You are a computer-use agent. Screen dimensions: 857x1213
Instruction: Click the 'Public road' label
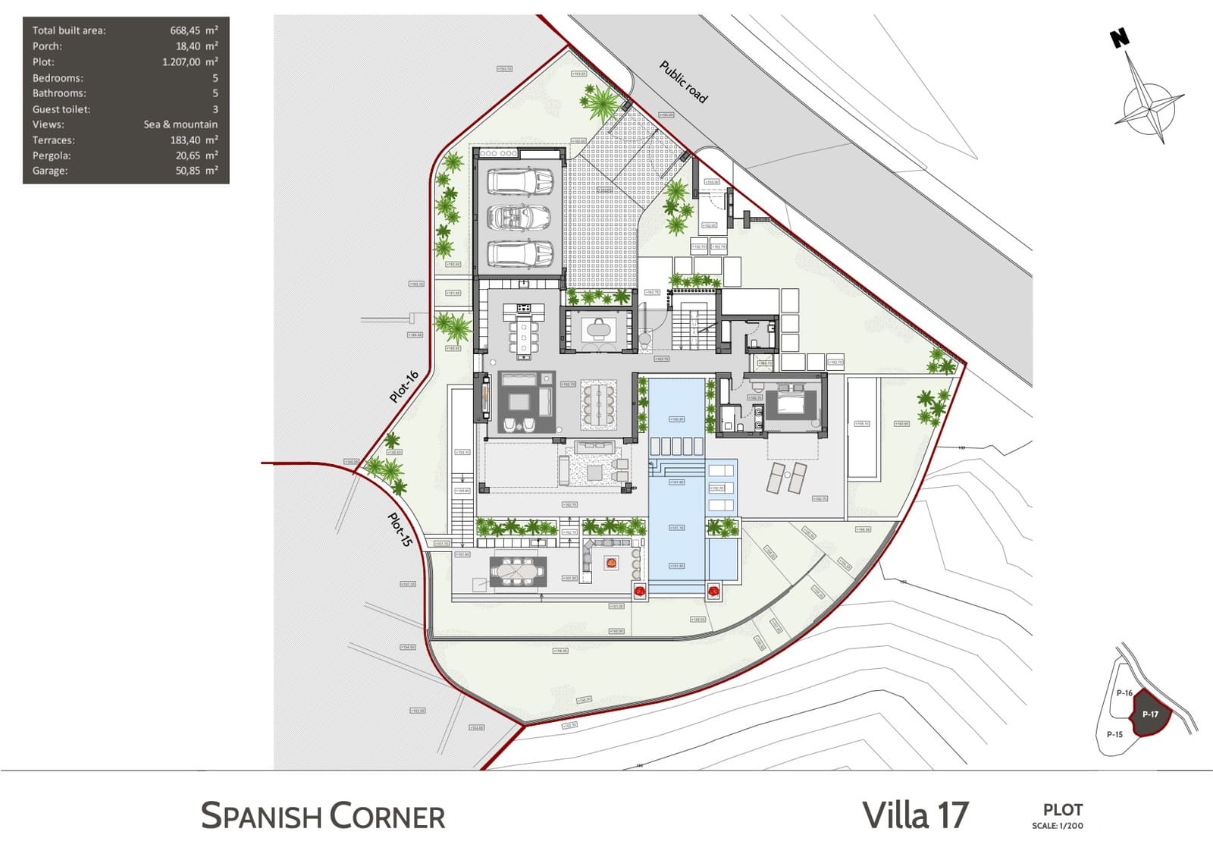(x=683, y=82)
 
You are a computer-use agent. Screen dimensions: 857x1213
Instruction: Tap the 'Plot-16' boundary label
(x=404, y=387)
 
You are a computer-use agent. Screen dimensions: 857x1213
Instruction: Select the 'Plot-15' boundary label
(x=400, y=530)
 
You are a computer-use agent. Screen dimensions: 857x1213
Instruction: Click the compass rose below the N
(x=1150, y=108)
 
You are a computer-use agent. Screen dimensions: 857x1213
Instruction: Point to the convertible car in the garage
(x=519, y=218)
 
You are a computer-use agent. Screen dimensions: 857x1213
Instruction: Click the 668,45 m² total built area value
(x=193, y=30)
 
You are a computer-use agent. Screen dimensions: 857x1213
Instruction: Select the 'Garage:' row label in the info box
(x=50, y=171)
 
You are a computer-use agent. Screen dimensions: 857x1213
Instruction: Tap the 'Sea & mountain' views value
(x=180, y=124)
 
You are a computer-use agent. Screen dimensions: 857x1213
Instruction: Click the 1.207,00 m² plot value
(x=190, y=62)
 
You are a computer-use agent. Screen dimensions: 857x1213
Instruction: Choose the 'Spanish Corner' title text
(x=323, y=816)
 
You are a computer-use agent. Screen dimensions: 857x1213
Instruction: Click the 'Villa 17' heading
(x=915, y=815)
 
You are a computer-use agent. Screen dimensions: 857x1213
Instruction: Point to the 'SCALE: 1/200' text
(x=1057, y=826)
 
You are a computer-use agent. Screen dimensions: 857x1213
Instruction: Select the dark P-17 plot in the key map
(x=1150, y=714)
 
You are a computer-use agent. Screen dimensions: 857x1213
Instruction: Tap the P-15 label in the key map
(x=1114, y=734)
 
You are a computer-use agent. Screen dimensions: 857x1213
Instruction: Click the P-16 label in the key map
(x=1124, y=692)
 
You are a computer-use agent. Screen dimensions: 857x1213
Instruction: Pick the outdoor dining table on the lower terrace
(x=518, y=571)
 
